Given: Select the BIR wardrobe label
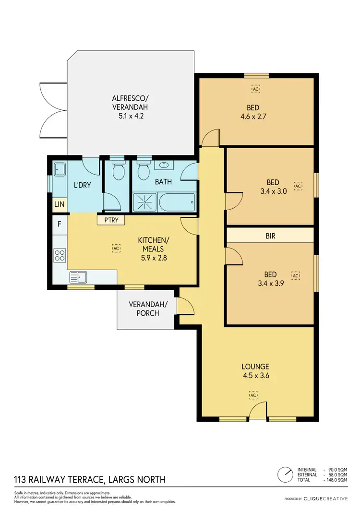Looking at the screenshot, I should pos(270,236).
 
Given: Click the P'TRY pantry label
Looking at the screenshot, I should pos(110,220).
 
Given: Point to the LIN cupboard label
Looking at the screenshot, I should pos(60,205).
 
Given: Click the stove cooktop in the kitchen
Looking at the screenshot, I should pos(60,255).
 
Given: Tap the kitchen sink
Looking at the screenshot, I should pos(78,276).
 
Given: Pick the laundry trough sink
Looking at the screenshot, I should pos(60,169).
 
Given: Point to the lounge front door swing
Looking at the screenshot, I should pos(258,411).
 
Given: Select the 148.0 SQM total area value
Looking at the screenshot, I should pos(336,480).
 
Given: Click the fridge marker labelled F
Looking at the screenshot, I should pos(60,224).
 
